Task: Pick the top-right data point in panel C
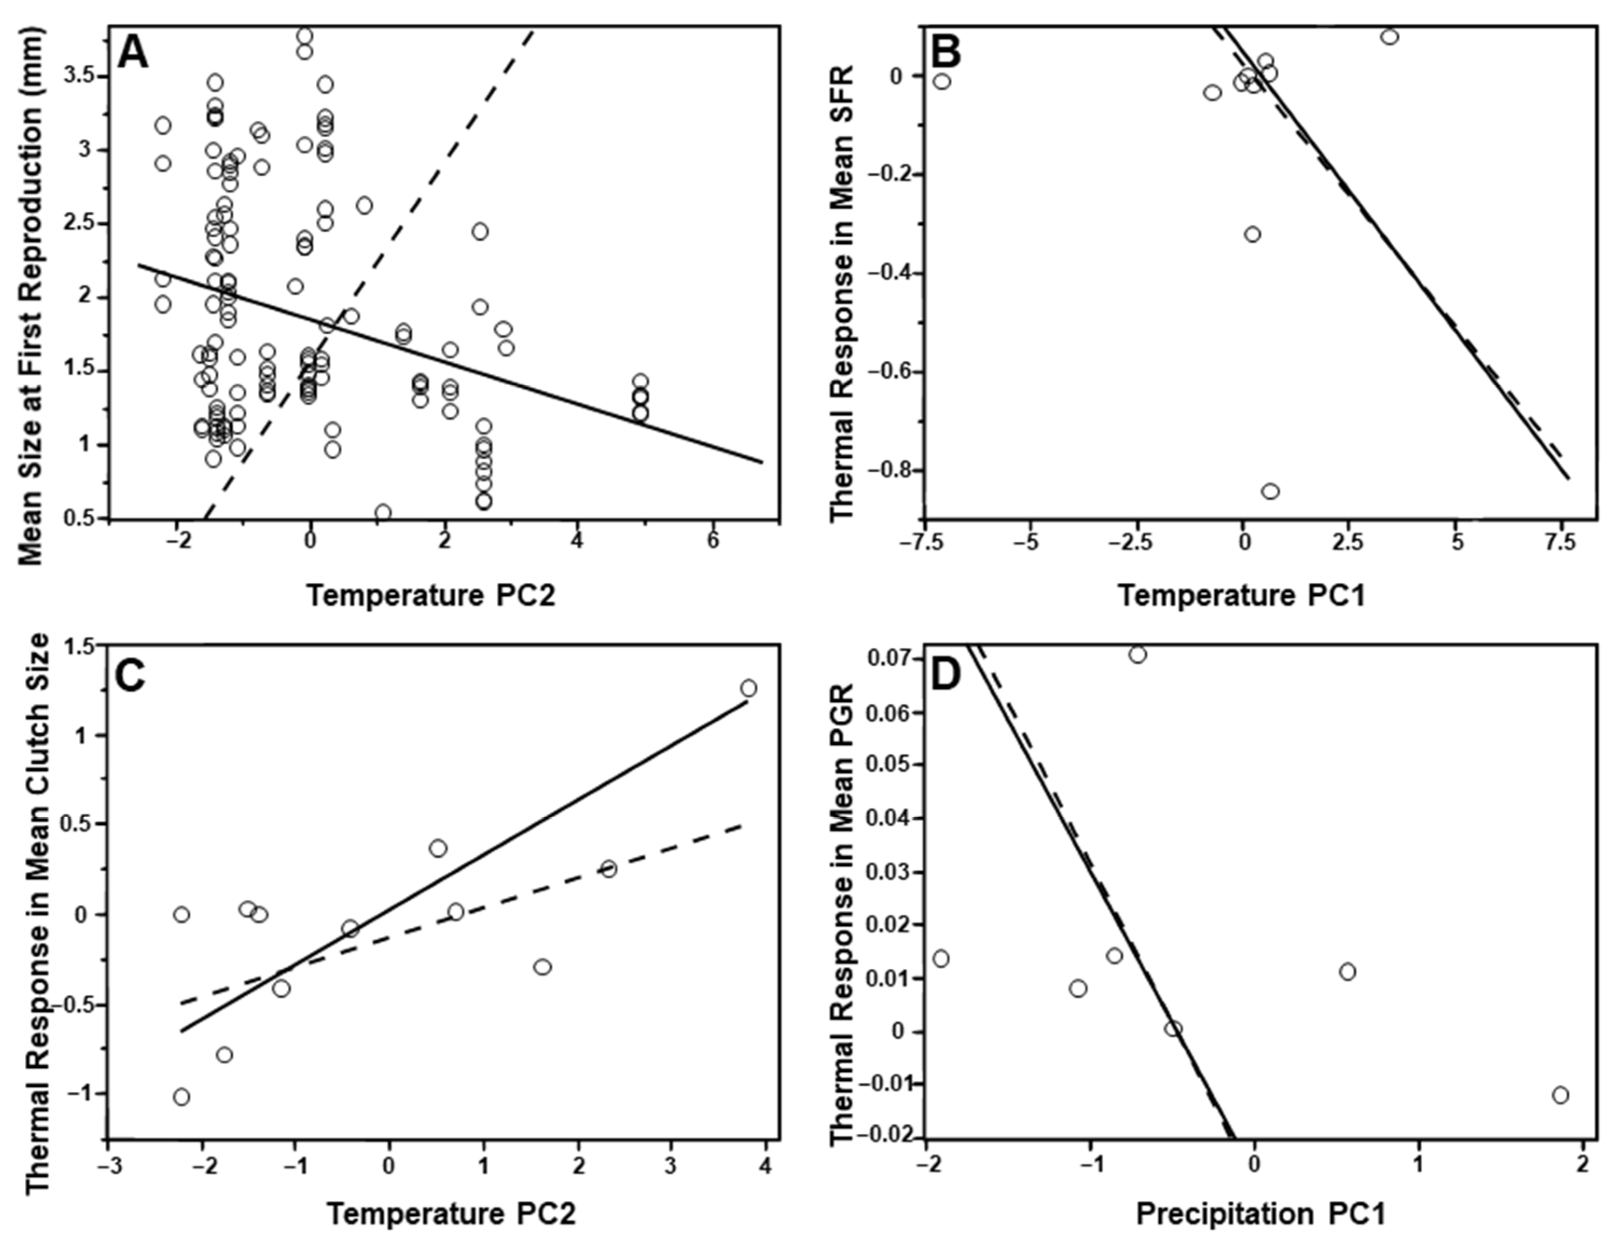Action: [x=748, y=688]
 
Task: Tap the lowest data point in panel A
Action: [x=383, y=512]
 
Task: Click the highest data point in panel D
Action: [x=1138, y=655]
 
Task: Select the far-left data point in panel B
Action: [x=942, y=81]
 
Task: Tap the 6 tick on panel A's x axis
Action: [x=712, y=541]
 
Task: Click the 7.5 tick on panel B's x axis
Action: [x=1560, y=542]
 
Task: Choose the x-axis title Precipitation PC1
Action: [x=1260, y=1213]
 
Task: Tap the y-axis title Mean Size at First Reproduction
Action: [x=31, y=296]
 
